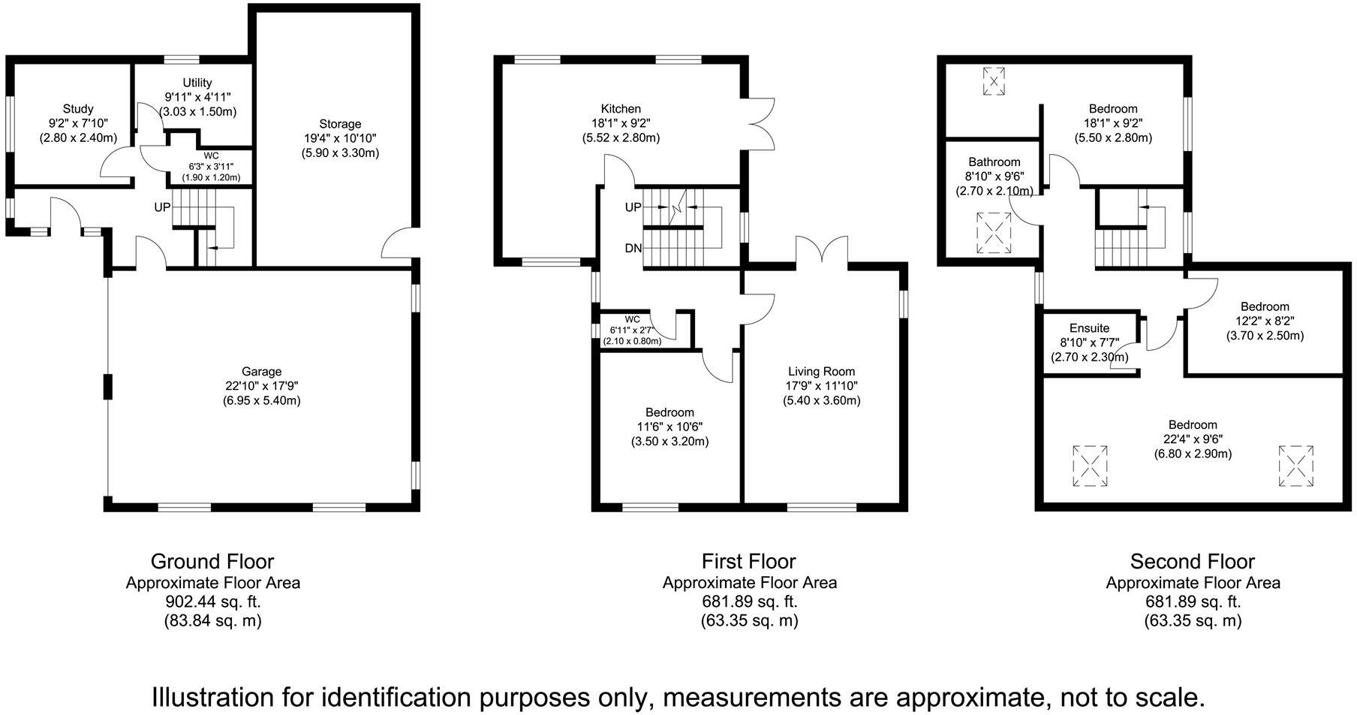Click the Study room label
coord(78,110)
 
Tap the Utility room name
coord(197,83)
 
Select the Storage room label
coord(340,124)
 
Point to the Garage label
coord(261,372)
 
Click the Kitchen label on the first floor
coord(621,109)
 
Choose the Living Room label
coord(821,372)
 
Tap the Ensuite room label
coord(1089,328)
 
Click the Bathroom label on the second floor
coord(994,162)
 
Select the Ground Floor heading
coord(212,561)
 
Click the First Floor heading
coord(748,561)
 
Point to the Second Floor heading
coord(1192,561)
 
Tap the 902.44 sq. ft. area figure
coord(212,602)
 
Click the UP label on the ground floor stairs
coord(162,207)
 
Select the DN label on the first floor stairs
coord(633,248)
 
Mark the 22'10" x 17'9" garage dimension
coord(261,386)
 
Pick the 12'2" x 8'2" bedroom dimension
coord(1265,321)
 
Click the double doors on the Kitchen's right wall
coord(761,124)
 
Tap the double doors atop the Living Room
coord(821,249)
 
